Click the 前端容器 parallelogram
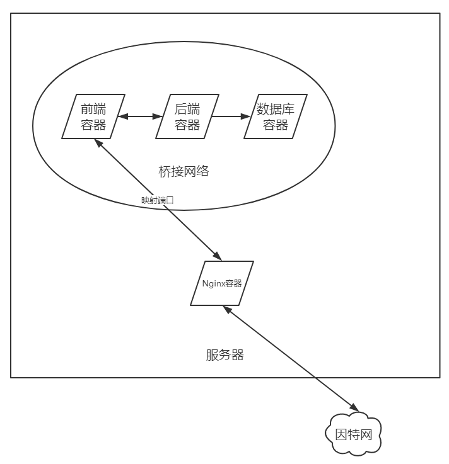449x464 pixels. coord(93,116)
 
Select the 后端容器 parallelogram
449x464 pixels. coord(187,116)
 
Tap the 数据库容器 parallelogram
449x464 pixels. coord(276,116)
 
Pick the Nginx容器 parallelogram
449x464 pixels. coord(222,283)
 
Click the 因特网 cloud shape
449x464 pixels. coord(353,434)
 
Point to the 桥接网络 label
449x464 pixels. coord(184,171)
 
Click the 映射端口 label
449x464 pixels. coord(157,200)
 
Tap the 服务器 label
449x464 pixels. coord(224,355)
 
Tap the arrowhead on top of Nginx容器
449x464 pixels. coord(216,256)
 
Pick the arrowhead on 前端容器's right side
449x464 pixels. coord(123,116)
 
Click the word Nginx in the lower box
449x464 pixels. coord(214,283)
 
